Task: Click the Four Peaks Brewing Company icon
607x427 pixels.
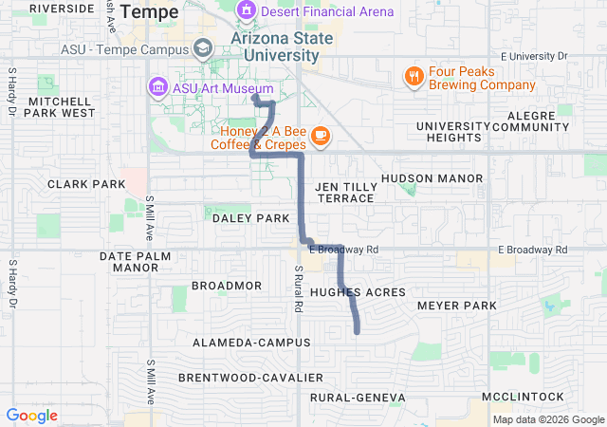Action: pyautogui.click(x=414, y=76)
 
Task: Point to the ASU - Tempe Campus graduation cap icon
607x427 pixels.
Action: pyautogui.click(x=202, y=48)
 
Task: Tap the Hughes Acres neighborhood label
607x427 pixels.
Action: pyautogui.click(x=358, y=292)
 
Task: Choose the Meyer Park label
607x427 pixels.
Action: pyautogui.click(x=456, y=306)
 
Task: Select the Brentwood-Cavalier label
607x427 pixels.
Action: pyautogui.click(x=238, y=378)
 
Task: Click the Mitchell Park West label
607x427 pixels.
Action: pyautogui.click(x=62, y=106)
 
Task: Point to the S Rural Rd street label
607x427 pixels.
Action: pyautogui.click(x=297, y=289)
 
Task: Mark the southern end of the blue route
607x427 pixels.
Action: pyautogui.click(x=358, y=331)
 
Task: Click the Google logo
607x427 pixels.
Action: pyautogui.click(x=31, y=416)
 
